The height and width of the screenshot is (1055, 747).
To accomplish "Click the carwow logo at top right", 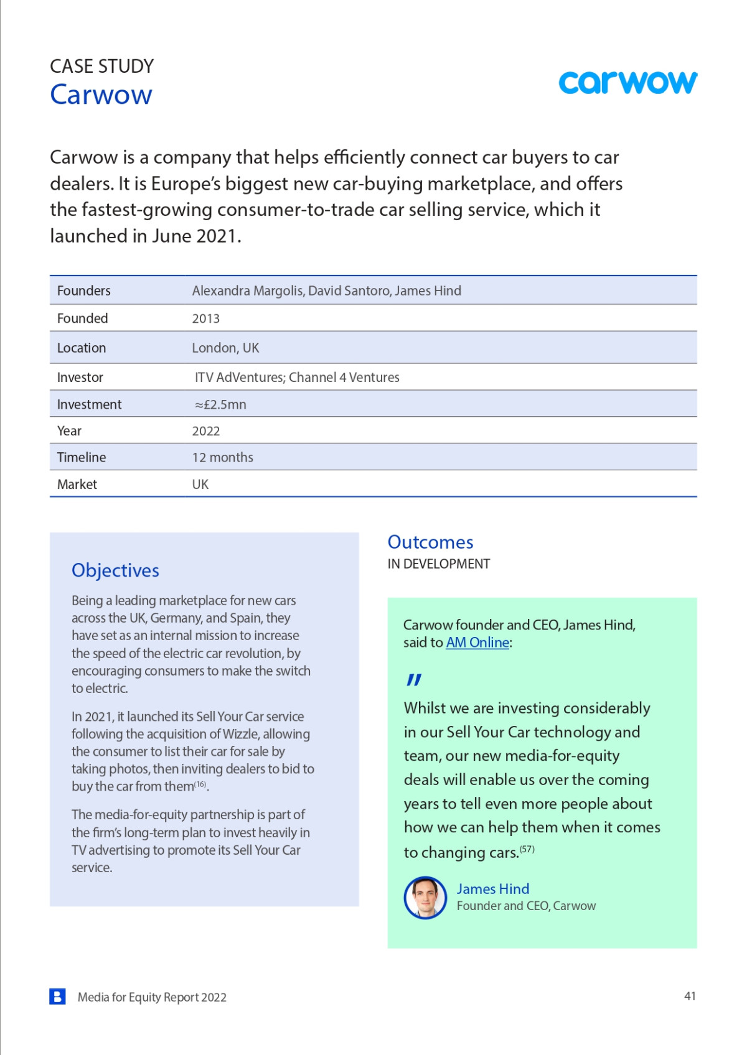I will point(627,82).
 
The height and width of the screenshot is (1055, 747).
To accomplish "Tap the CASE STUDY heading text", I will point(101,66).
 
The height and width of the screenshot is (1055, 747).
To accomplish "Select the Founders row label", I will point(83,290).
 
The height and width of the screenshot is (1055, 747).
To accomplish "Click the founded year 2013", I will point(205,318).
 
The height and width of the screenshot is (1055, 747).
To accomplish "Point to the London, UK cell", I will point(225,348).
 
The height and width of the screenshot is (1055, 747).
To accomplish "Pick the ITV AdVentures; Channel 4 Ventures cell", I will point(297,377).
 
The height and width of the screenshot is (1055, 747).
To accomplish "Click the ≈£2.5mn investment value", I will point(220,404).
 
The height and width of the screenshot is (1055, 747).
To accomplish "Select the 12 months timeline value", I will point(222,457).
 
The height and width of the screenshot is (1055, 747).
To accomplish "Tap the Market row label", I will point(77,484).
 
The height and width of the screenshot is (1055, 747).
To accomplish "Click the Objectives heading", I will point(115,570).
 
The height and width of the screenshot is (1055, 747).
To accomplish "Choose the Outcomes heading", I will point(430,542).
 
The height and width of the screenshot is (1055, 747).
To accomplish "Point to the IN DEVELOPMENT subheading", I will point(438,564).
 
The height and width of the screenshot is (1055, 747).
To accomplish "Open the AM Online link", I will point(477,643).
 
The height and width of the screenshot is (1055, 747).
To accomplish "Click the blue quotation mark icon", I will point(414,680).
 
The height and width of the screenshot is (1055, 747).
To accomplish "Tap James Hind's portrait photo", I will point(425,898).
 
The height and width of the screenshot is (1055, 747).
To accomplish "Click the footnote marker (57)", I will point(527,848).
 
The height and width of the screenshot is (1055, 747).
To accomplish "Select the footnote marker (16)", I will point(200,784).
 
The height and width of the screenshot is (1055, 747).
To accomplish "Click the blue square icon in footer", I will point(57,997).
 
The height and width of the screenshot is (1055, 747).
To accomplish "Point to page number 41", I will point(690,996).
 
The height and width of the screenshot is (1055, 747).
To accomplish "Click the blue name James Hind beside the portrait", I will point(492,889).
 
